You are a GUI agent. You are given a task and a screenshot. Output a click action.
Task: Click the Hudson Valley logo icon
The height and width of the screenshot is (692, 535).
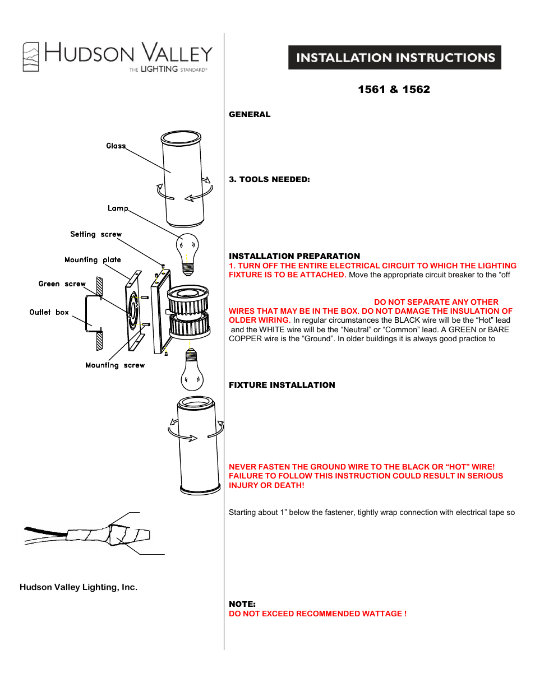pos(31,57)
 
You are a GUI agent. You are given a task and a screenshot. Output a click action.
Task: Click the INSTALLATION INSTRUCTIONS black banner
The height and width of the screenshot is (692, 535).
pos(395,58)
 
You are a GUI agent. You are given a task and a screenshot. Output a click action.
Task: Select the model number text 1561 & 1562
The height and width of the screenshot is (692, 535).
pos(394,90)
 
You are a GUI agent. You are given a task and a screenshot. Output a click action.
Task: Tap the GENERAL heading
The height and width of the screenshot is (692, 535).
pos(250,114)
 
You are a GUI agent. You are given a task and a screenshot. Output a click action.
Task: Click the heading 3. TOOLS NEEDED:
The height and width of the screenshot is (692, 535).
pos(269,179)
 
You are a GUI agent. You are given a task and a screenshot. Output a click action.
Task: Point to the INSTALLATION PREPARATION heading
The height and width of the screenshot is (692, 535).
pos(294,256)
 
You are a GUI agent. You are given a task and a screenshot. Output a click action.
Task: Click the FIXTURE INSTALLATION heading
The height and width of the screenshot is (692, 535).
pos(282,385)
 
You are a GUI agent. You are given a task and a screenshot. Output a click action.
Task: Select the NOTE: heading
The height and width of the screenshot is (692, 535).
pos(242,604)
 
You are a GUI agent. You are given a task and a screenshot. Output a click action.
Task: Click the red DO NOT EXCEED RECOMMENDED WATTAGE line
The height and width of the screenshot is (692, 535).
pos(317,614)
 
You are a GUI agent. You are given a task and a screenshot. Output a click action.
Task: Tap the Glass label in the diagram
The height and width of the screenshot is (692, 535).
pos(116,146)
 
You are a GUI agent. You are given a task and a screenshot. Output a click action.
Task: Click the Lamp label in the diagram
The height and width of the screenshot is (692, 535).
pos(118,208)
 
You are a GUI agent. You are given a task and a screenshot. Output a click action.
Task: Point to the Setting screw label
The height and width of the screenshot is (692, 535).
pos(96,234)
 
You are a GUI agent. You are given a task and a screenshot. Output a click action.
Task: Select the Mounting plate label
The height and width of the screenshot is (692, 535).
pos(93,259)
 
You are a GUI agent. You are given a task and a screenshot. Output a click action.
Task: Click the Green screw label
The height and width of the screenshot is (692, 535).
pos(62,284)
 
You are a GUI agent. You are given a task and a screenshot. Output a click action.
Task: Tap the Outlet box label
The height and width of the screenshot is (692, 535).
pos(49,312)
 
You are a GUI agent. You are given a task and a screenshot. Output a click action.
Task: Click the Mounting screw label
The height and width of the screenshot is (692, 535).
pos(115,365)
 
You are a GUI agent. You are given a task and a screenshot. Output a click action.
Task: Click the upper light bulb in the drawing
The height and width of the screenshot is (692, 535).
pos(187,253)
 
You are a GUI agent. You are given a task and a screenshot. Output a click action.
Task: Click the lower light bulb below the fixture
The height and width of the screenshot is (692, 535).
pos(192,370)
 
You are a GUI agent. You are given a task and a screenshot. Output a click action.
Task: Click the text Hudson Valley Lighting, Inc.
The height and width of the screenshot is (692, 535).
pos(79,587)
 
